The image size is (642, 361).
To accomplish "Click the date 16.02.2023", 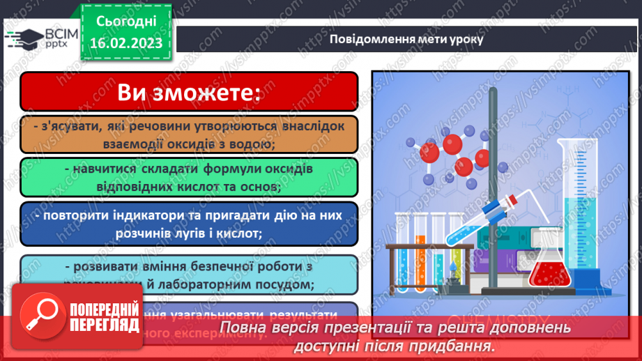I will click(x=126, y=43).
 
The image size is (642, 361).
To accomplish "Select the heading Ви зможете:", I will click(x=188, y=92).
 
